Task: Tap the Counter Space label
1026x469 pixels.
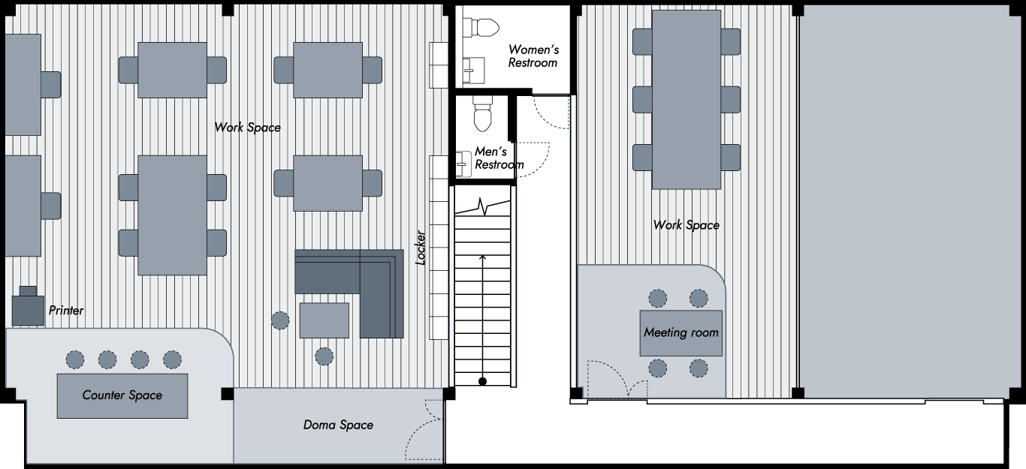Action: [x=122, y=395]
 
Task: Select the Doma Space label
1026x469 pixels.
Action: [x=338, y=425]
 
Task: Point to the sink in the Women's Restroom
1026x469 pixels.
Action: [x=473, y=71]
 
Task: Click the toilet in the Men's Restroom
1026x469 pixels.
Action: [x=482, y=113]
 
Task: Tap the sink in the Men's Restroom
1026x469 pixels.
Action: [x=463, y=164]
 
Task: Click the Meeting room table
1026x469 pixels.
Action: [x=680, y=333]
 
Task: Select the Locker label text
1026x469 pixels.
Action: [x=421, y=248]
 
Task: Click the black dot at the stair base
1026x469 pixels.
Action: [x=482, y=381]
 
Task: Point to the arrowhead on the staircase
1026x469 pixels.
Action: [x=482, y=258]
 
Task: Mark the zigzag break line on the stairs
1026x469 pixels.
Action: [x=482, y=207]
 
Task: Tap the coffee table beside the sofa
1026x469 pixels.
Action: [x=324, y=320]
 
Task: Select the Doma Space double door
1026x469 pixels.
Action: [x=424, y=430]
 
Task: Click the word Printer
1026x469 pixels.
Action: [x=66, y=311]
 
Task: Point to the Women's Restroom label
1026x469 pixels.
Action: [x=533, y=56]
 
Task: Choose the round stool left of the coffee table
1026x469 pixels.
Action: [x=280, y=320]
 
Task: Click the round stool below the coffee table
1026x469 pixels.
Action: [x=324, y=356]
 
